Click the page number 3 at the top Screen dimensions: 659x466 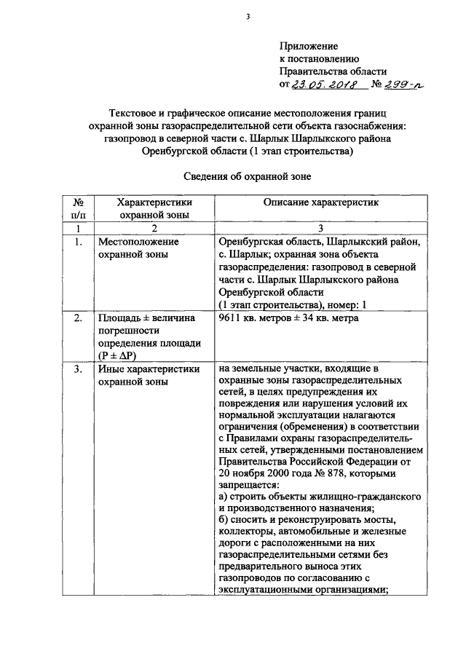pyautogui.click(x=248, y=17)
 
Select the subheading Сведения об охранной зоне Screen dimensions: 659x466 pyautogui.click(x=247, y=175)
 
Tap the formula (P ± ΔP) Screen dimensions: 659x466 pyautogui.click(x=118, y=355)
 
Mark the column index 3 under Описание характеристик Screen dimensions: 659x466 pyautogui.click(x=320, y=229)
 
